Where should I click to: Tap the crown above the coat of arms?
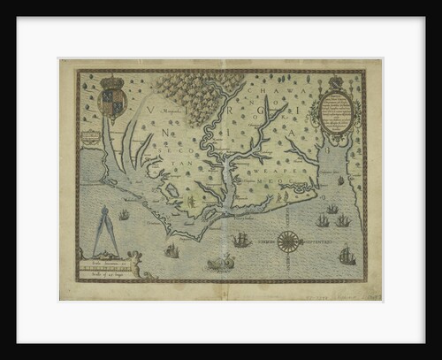tap(111, 81)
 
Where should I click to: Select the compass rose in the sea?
tap(289, 240)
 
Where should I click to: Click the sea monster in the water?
tap(221, 262)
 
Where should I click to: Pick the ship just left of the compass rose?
tap(241, 239)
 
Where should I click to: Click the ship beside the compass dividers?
tap(125, 214)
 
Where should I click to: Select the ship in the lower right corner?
tap(347, 256)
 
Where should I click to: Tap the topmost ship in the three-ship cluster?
tap(332, 209)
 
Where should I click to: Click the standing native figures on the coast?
tap(190, 202)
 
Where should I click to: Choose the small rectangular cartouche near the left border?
tap(90, 136)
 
